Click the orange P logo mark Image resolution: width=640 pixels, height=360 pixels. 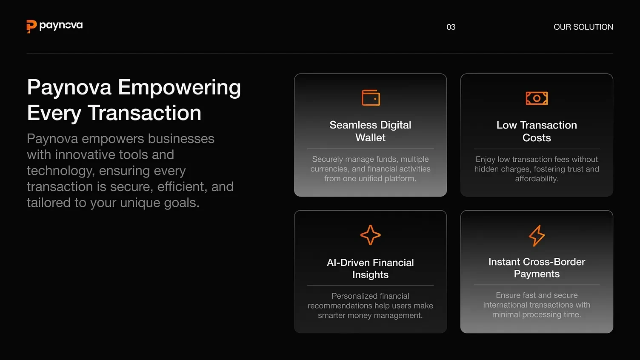31,26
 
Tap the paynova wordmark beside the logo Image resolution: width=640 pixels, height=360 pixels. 61,26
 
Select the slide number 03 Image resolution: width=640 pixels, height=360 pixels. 451,27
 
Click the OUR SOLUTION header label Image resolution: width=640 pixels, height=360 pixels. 583,27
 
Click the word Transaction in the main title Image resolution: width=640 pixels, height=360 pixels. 144,113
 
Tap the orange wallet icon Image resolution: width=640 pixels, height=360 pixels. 371,98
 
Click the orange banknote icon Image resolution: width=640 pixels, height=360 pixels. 537,98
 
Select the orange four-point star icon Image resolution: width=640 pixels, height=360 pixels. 370,235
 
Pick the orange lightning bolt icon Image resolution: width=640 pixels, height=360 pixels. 537,236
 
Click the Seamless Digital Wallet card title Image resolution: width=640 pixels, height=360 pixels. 370,131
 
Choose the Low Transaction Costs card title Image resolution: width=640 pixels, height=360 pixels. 537,131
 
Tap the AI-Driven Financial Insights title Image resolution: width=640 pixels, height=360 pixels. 370,269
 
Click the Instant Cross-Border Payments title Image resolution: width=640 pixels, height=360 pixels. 537,268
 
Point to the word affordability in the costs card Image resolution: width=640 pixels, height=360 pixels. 537,179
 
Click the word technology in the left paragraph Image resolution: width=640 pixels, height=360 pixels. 60,171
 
